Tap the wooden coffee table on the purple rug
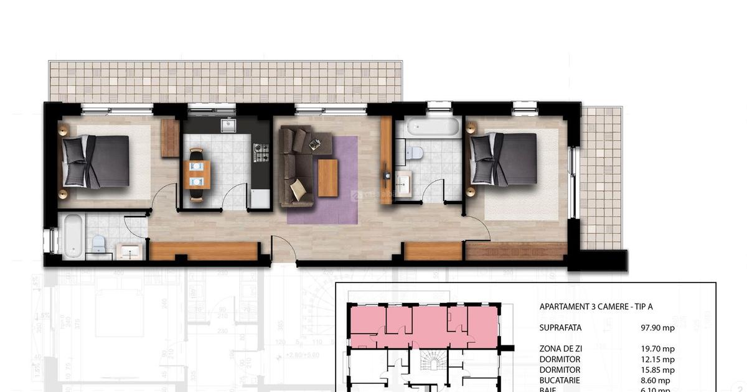(x=327, y=177)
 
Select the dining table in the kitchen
(x=197, y=174)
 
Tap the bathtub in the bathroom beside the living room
(x=431, y=127)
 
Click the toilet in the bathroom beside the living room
(x=415, y=151)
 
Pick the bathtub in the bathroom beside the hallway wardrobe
(x=73, y=236)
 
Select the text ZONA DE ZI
(x=560, y=349)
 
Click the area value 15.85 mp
(x=657, y=370)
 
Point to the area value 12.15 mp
(x=657, y=360)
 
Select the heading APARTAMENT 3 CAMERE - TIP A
(x=596, y=307)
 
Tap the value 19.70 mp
(x=657, y=349)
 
